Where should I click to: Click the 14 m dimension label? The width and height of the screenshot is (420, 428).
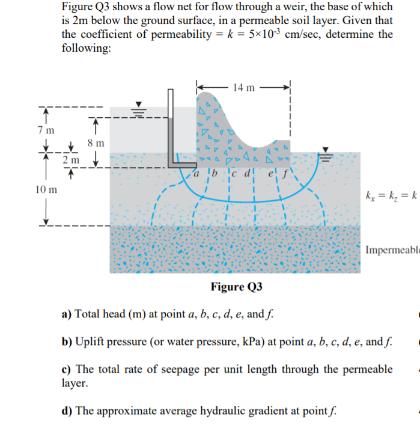point(243,88)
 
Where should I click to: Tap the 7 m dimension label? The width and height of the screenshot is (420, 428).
point(45,130)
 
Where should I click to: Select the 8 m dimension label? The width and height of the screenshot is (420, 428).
point(96,143)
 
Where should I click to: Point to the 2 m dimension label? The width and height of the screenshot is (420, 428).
point(70,160)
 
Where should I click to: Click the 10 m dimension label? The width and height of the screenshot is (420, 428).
point(47,190)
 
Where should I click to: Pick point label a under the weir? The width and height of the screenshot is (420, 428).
point(197,176)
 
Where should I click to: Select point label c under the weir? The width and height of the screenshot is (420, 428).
point(237,176)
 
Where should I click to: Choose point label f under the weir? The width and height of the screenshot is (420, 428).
point(285,176)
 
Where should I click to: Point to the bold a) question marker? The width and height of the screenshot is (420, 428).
point(67,314)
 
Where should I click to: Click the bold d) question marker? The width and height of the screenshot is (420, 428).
point(67,411)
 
